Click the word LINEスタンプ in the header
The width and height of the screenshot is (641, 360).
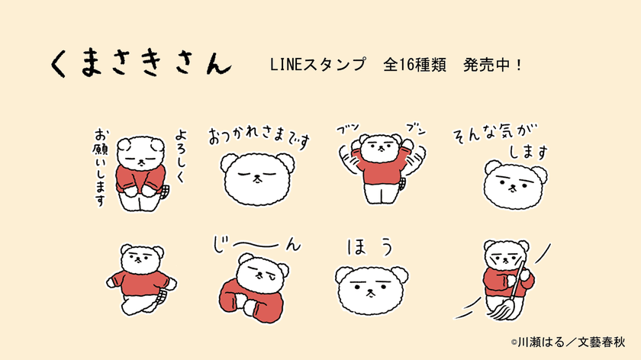[317, 64]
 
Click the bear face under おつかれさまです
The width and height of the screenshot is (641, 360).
[256, 178]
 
